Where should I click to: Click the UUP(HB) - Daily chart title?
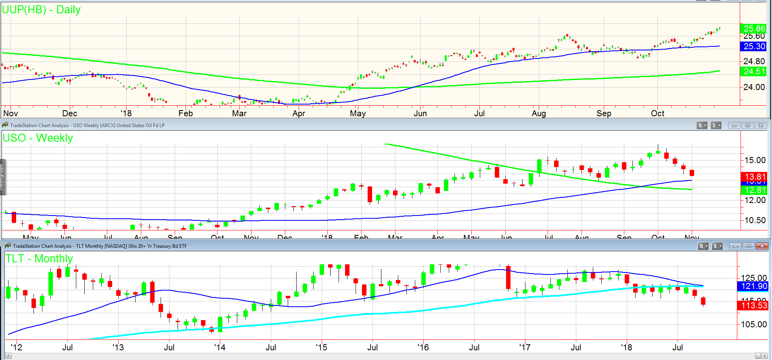pyautogui.click(x=41, y=10)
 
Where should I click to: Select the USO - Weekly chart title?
pyautogui.click(x=38, y=138)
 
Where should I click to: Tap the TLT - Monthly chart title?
pyautogui.click(x=39, y=259)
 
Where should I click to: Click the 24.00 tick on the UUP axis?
pyautogui.click(x=754, y=87)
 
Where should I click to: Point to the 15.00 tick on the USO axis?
pyautogui.click(x=755, y=160)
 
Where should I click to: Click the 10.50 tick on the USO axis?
pyautogui.click(x=755, y=220)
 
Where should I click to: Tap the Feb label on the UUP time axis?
pyautogui.click(x=186, y=113)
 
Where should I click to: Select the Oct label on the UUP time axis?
pyautogui.click(x=657, y=113)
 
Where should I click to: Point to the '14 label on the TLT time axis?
pyautogui.click(x=220, y=347)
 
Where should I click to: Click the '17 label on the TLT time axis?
pyautogui.click(x=525, y=347)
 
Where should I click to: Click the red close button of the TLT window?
pyautogui.click(x=762, y=246)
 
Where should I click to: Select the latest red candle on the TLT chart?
pyautogui.click(x=703, y=301)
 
